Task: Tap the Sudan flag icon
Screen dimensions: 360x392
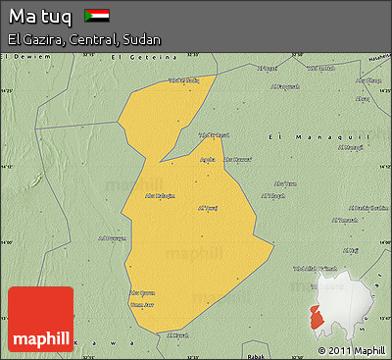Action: pyautogui.click(x=97, y=16)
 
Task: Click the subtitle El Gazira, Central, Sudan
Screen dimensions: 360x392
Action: pyautogui.click(x=84, y=39)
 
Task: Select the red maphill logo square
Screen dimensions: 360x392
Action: pyautogui.click(x=40, y=320)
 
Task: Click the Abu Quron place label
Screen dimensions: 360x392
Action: pyautogui.click(x=143, y=292)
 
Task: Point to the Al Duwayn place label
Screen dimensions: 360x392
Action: pyautogui.click(x=113, y=236)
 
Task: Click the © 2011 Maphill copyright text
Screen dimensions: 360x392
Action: pyautogui.click(x=351, y=350)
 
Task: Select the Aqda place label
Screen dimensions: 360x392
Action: pyautogui.click(x=208, y=159)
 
